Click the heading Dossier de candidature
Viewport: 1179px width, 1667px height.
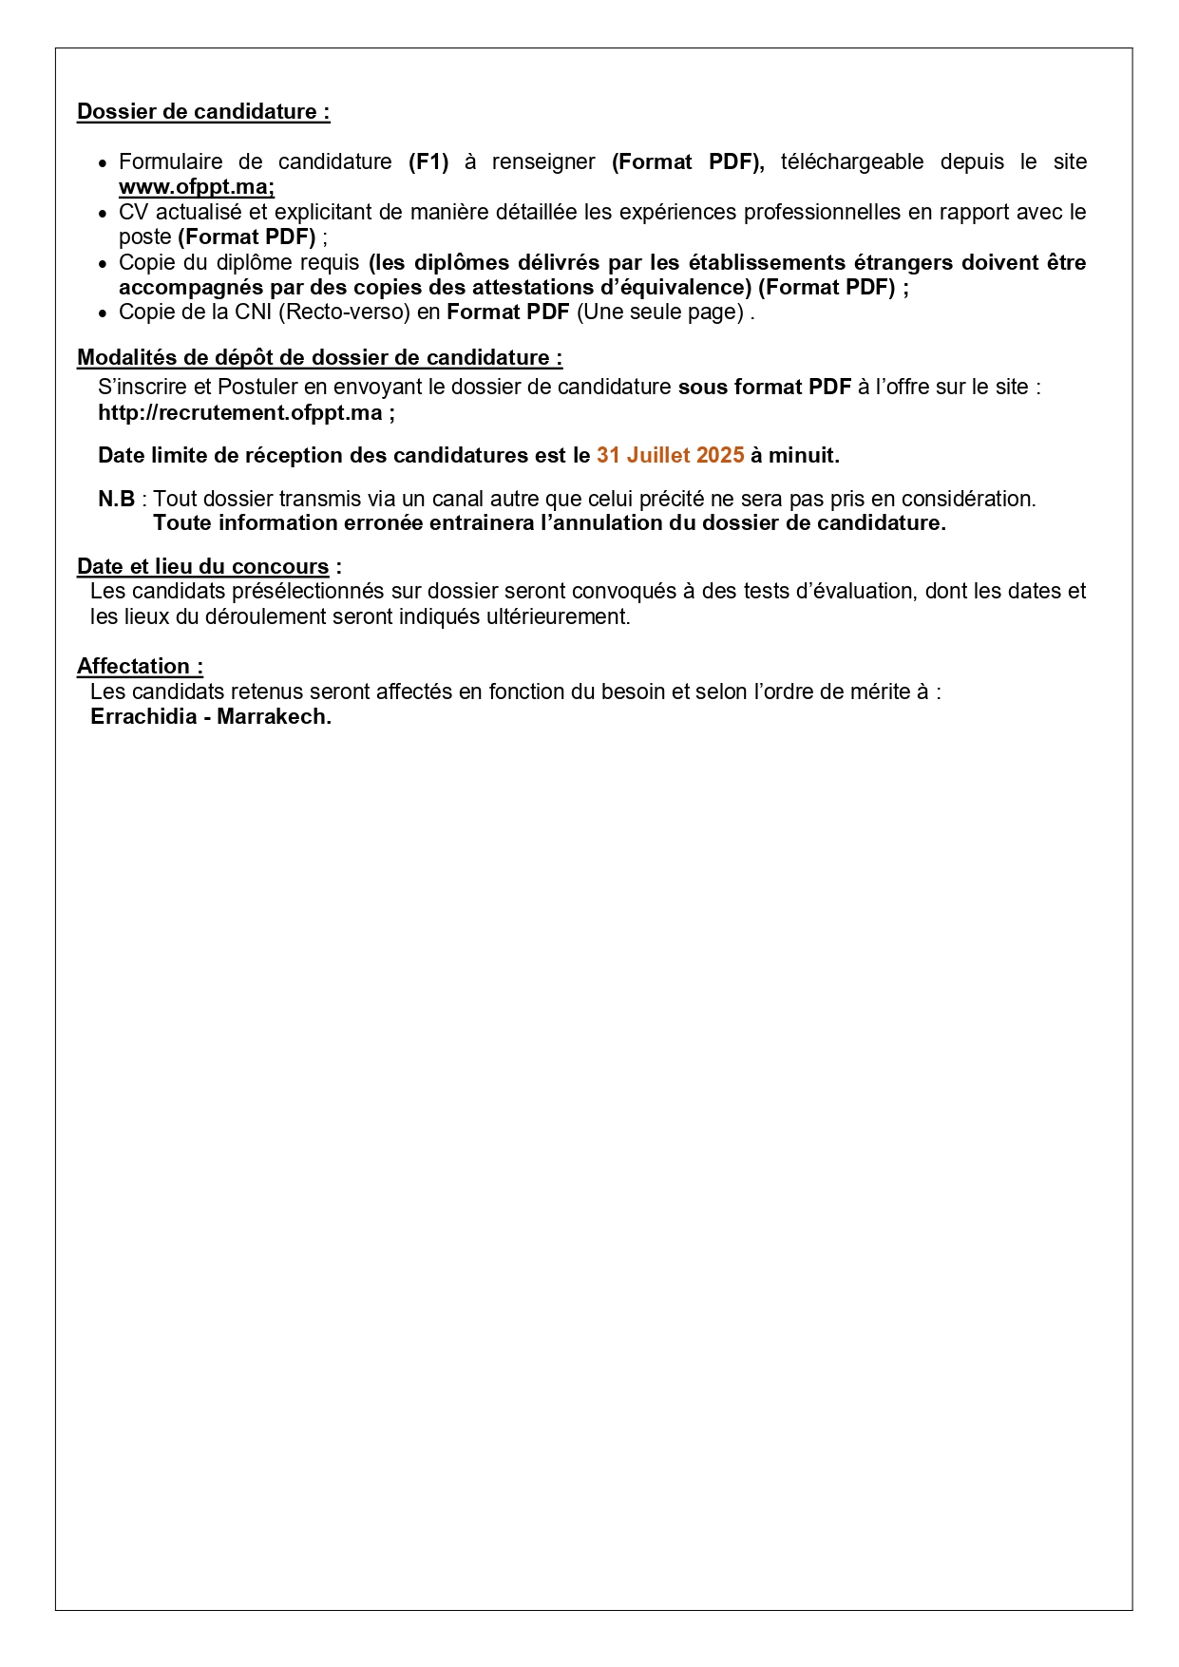[202, 112]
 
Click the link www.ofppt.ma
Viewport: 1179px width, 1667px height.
[196, 187]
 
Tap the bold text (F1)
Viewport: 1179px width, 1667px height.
[428, 162]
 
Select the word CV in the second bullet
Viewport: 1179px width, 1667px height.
[133, 213]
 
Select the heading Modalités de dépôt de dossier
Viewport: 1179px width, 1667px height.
[319, 358]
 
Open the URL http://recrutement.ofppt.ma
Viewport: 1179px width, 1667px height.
[239, 413]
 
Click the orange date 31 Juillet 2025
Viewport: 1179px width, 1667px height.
[670, 456]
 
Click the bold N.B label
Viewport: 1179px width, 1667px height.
[116, 500]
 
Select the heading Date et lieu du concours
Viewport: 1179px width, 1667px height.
[203, 567]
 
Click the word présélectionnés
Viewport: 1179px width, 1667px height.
[308, 592]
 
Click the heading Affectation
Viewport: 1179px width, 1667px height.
[140, 667]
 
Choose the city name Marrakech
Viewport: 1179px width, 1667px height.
[274, 717]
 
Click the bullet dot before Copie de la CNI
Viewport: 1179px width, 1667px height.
[103, 313]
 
